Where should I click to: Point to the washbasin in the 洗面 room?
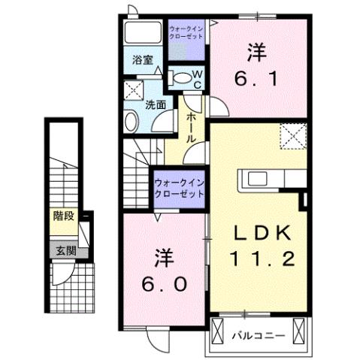click(132, 120)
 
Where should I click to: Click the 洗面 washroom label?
click(156, 105)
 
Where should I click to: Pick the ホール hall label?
click(192, 128)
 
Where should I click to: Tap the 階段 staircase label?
click(63, 217)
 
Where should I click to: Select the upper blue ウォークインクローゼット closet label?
click(184, 32)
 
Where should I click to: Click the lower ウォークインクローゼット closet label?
click(179, 187)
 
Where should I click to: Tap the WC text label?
click(196, 78)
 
